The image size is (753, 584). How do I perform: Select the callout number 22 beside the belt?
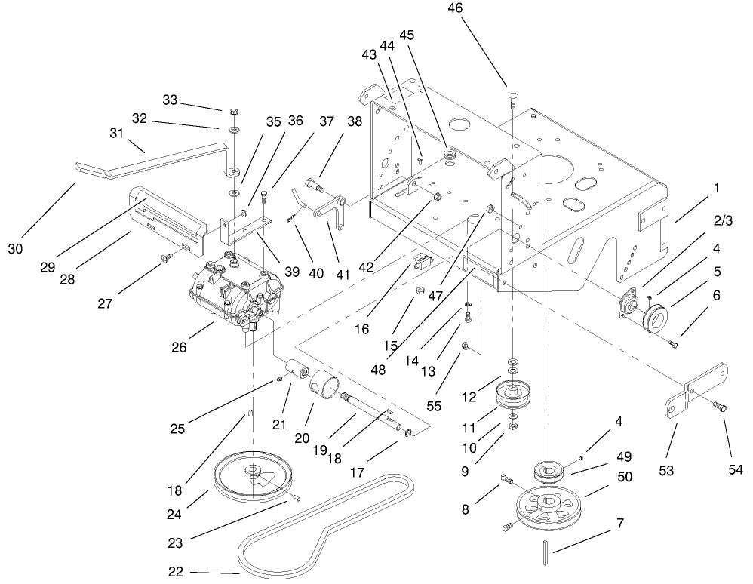(175, 571)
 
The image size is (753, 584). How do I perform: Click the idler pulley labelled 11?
(515, 396)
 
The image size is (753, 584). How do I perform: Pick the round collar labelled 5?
(651, 316)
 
